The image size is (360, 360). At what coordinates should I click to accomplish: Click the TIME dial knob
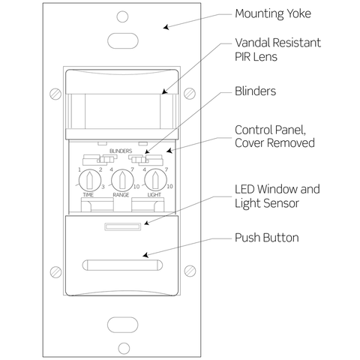(88, 179)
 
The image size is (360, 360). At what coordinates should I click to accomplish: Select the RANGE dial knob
(121, 179)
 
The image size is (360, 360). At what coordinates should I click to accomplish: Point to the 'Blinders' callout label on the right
(256, 91)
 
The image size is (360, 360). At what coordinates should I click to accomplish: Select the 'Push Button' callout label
(266, 238)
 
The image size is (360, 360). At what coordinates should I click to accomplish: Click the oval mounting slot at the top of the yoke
(121, 39)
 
